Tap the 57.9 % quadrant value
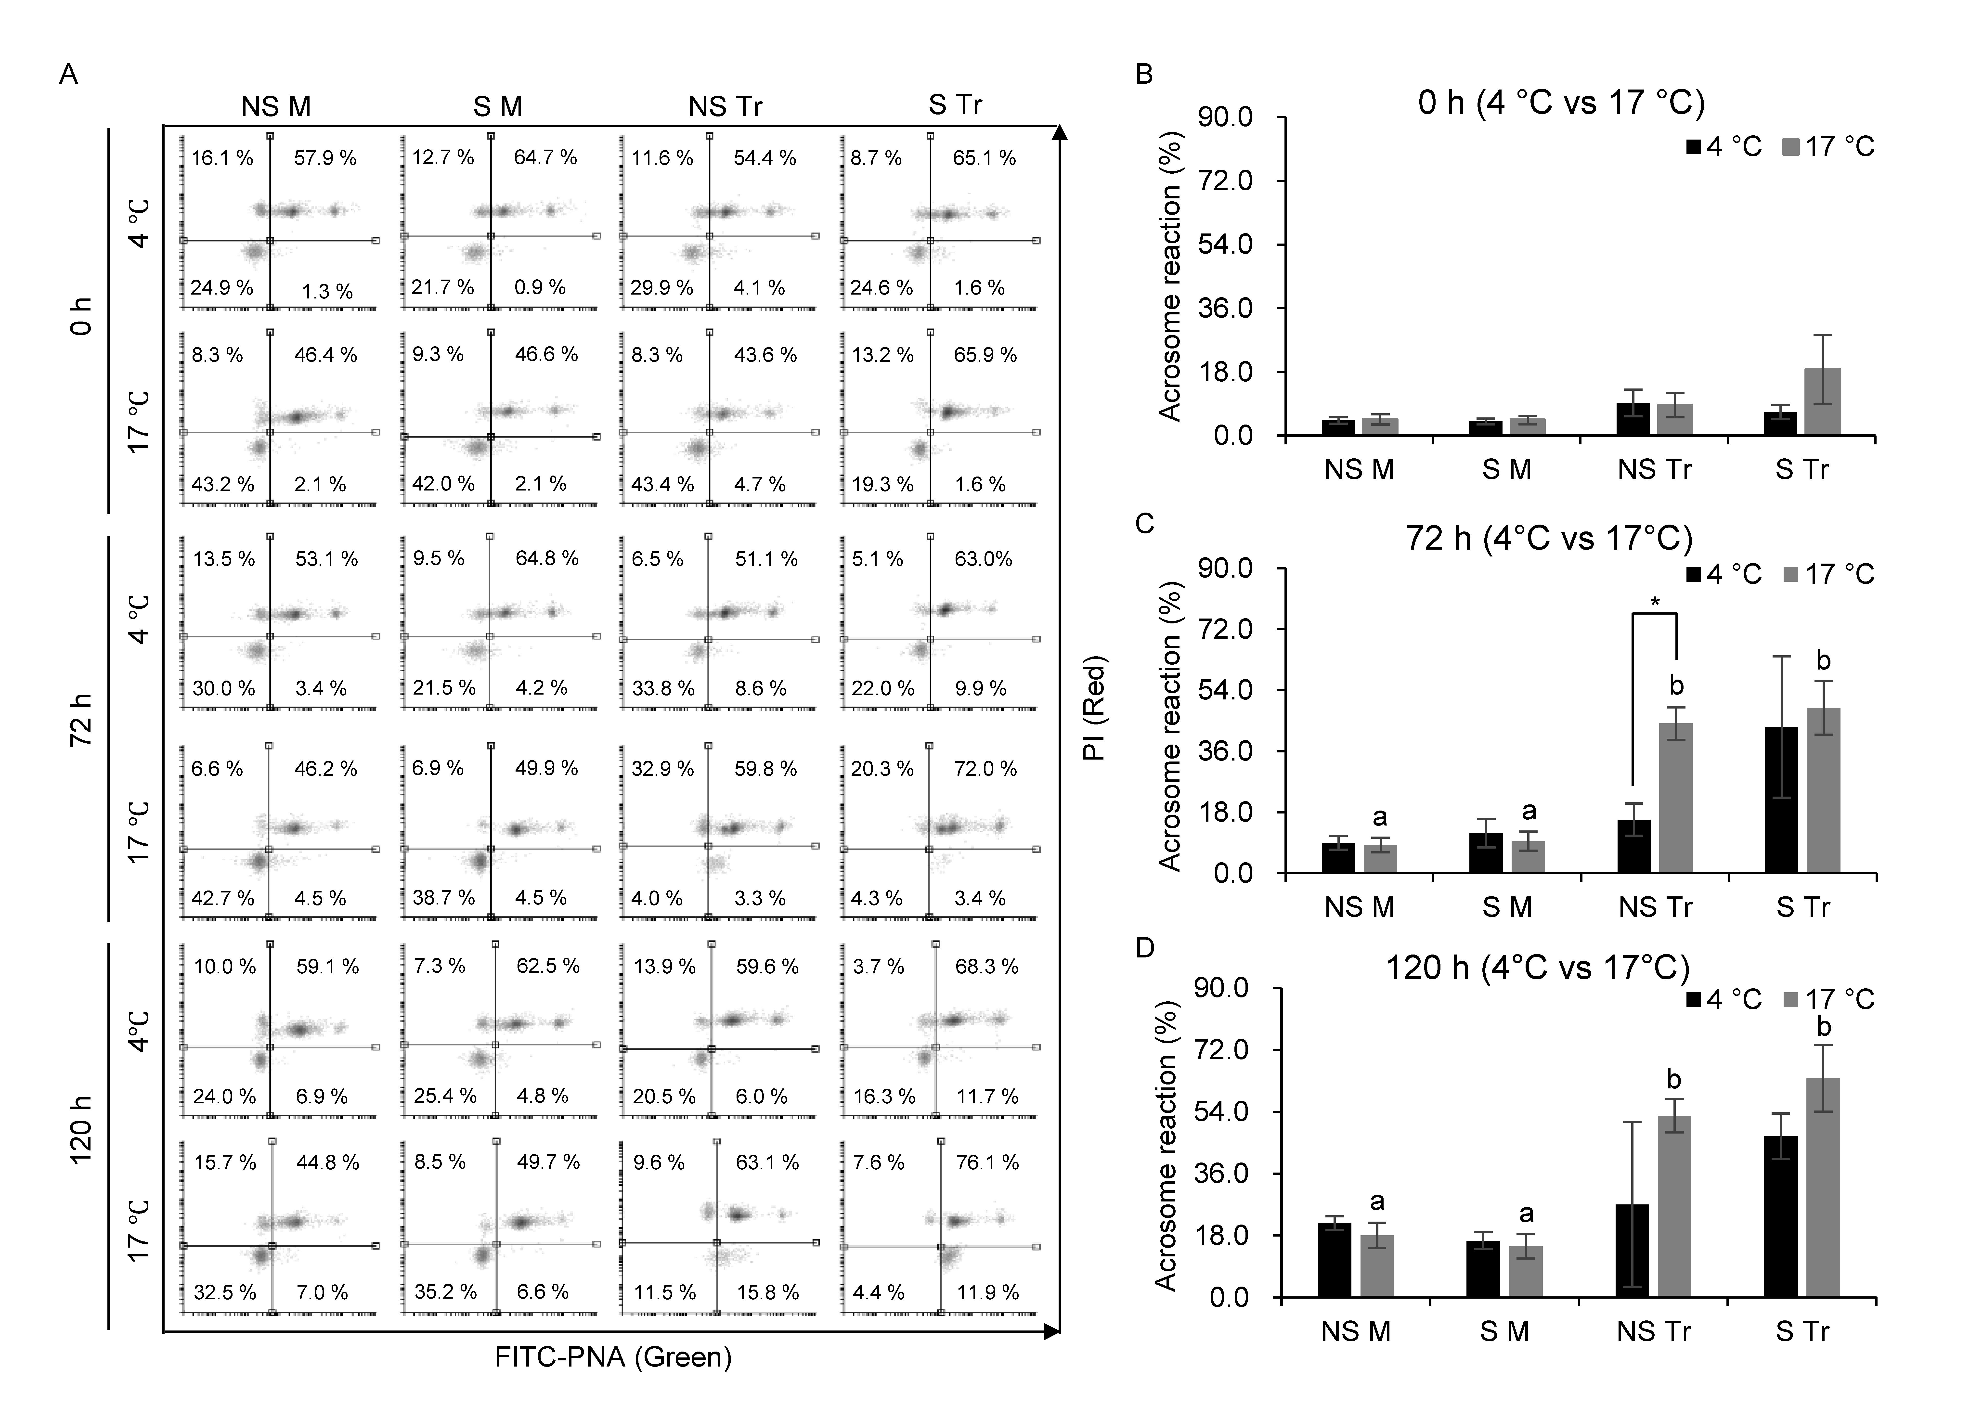[x=325, y=158]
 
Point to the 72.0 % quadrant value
[x=985, y=769]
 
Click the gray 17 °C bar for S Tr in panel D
[x=1823, y=1188]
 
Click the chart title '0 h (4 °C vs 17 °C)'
[x=1562, y=103]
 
